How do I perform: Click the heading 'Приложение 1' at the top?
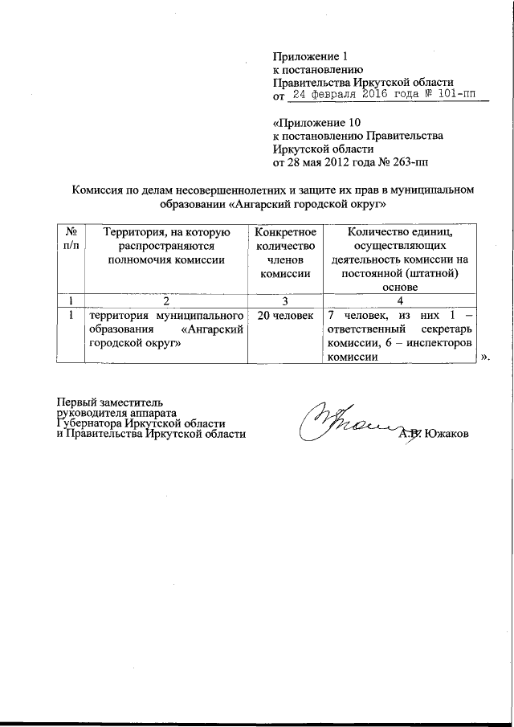[x=312, y=57]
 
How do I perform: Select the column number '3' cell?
[x=284, y=301]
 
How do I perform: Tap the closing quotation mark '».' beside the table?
[x=485, y=357]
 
